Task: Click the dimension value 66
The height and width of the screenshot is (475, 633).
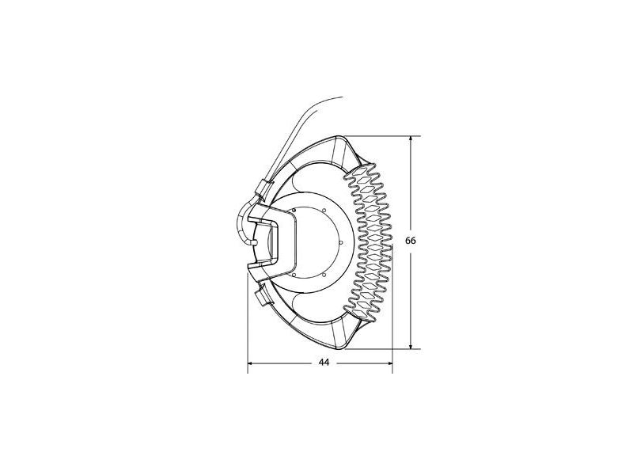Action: (x=411, y=241)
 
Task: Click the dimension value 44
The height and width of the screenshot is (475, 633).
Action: (x=324, y=363)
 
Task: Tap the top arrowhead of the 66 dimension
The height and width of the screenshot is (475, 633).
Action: (x=411, y=139)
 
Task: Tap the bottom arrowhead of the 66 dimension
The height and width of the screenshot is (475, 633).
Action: (x=411, y=346)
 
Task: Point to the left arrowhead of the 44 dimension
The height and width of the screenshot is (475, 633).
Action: (x=250, y=363)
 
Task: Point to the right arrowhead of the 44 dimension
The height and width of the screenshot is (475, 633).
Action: (x=389, y=363)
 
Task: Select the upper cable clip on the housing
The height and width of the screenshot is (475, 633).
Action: (x=264, y=189)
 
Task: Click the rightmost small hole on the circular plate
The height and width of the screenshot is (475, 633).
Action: (x=342, y=242)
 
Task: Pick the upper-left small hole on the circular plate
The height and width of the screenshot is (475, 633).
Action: (x=294, y=210)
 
